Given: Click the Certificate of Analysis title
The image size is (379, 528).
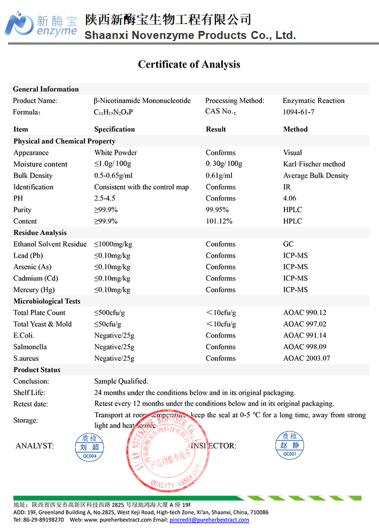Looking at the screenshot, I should click(x=189, y=65).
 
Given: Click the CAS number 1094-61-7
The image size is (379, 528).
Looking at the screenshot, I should click(x=298, y=112).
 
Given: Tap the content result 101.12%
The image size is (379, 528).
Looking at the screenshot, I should click(x=221, y=221).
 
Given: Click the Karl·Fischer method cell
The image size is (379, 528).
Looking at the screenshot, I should click(x=314, y=164).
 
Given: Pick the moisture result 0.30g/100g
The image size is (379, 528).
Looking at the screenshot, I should click(x=224, y=164).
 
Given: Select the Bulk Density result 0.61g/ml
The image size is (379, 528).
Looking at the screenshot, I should click(x=219, y=176).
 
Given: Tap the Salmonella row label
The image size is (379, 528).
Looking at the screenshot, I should click(x=30, y=347).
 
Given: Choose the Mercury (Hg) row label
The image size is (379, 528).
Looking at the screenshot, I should click(x=34, y=290).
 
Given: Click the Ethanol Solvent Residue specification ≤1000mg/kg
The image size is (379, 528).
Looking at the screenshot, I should click(x=113, y=244).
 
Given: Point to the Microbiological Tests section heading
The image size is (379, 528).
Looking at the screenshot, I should click(x=47, y=301).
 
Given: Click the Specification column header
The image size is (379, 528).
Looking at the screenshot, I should click(x=114, y=129).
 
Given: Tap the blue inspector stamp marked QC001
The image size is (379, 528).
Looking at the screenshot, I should click(x=289, y=445).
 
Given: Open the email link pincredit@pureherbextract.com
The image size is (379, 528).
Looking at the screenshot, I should click(x=209, y=519).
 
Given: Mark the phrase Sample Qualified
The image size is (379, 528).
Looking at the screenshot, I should click(x=121, y=381).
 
